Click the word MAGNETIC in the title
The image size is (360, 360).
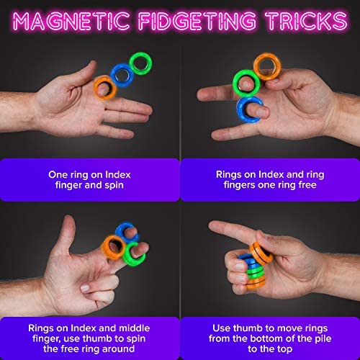coord(71,21)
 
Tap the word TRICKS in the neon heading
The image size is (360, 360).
coord(306,21)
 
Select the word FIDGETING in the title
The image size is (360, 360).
coord(197,21)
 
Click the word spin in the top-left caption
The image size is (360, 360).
coord(114,186)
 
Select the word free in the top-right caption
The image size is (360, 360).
coord(307,185)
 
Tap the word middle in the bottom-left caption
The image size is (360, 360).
coord(135,328)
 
